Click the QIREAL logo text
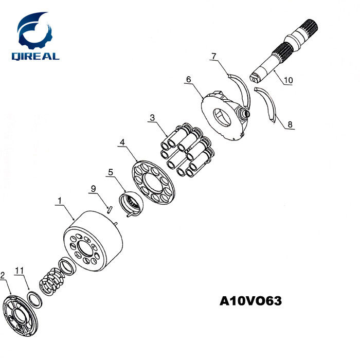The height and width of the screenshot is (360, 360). click(35, 57)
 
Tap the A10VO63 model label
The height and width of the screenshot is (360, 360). click(250, 301)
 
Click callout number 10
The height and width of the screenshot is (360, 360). click(289, 80)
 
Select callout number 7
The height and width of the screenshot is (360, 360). click(214, 56)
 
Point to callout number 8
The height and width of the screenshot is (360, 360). click(290, 124)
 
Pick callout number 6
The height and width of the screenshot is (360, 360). click(189, 79)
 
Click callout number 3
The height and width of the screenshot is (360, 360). click(152, 118)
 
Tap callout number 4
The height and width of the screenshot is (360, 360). click(122, 142)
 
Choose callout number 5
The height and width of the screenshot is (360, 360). click(111, 172)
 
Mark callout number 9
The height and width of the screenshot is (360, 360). click(93, 189)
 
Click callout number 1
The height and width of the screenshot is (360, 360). click(60, 201)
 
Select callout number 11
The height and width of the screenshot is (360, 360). click(20, 271)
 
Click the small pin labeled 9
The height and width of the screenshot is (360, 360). click(110, 210)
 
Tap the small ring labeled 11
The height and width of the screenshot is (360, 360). click(34, 299)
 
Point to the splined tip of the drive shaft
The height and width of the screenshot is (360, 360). click(310, 27)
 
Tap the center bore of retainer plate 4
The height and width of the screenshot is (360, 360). click(153, 182)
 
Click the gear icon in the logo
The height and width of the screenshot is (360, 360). click(35, 32)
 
